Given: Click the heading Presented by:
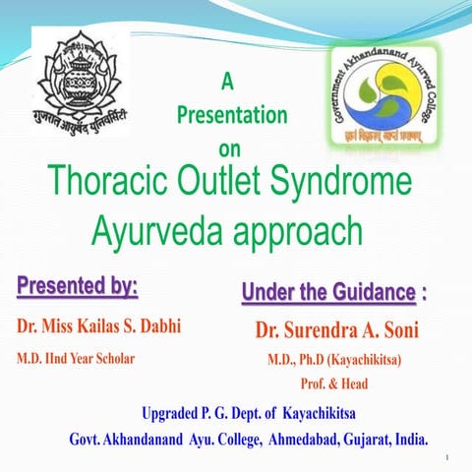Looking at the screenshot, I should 77,289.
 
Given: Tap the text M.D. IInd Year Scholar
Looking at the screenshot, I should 74,358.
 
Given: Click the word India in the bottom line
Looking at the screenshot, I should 409,437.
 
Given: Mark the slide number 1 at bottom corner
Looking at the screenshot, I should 445,457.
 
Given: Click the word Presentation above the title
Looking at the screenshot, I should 232,116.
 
